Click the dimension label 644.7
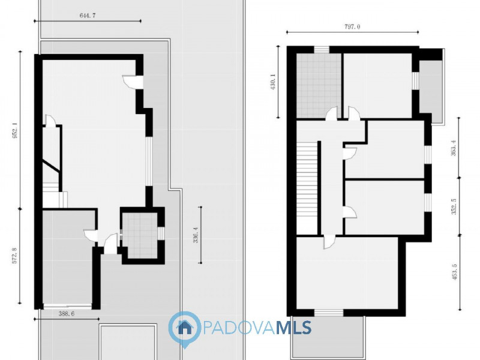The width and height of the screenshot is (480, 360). [88, 16]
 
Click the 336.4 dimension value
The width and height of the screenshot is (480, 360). [194, 235]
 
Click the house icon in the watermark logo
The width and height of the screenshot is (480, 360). [185, 328]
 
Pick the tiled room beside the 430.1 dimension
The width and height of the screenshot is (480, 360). [319, 84]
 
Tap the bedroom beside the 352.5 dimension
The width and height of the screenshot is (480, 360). [384, 207]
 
